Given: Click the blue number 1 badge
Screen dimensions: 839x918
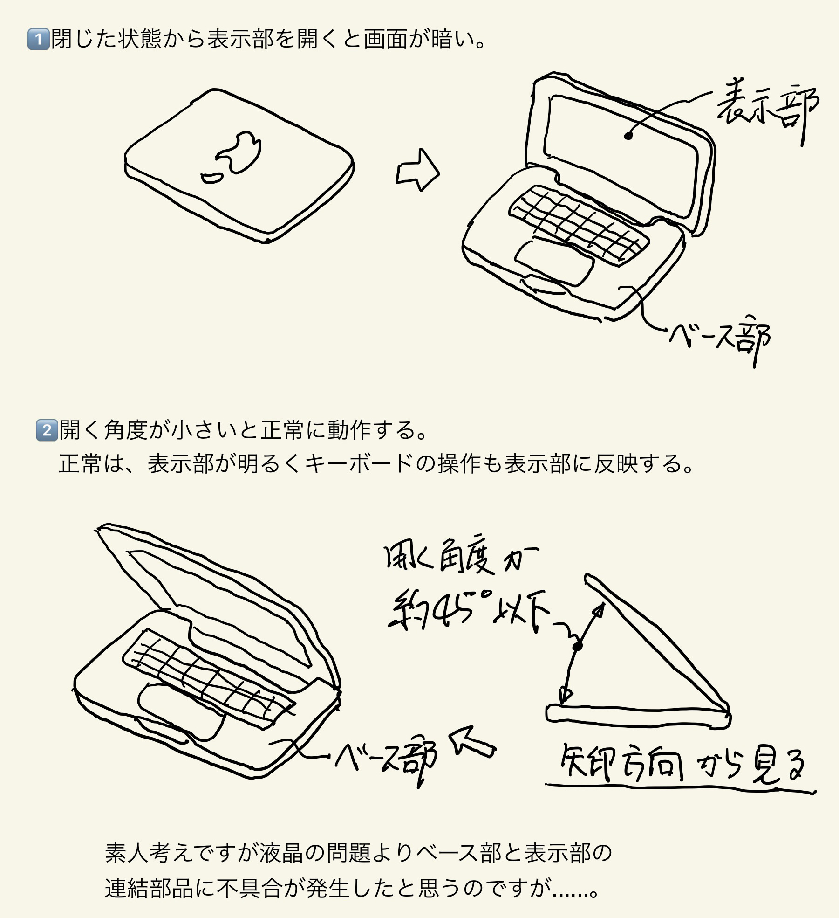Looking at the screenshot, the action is [38, 39].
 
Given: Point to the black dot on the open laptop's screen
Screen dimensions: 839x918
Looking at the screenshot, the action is [628, 136].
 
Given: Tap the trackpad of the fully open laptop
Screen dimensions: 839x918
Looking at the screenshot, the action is [554, 262].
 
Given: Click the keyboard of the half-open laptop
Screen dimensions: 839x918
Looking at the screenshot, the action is [208, 678].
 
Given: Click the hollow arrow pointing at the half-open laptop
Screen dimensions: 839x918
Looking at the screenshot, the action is [471, 743].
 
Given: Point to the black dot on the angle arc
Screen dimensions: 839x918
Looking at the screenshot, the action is [578, 646].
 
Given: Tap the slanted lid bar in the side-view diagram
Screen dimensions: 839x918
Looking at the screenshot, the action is [657, 643].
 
